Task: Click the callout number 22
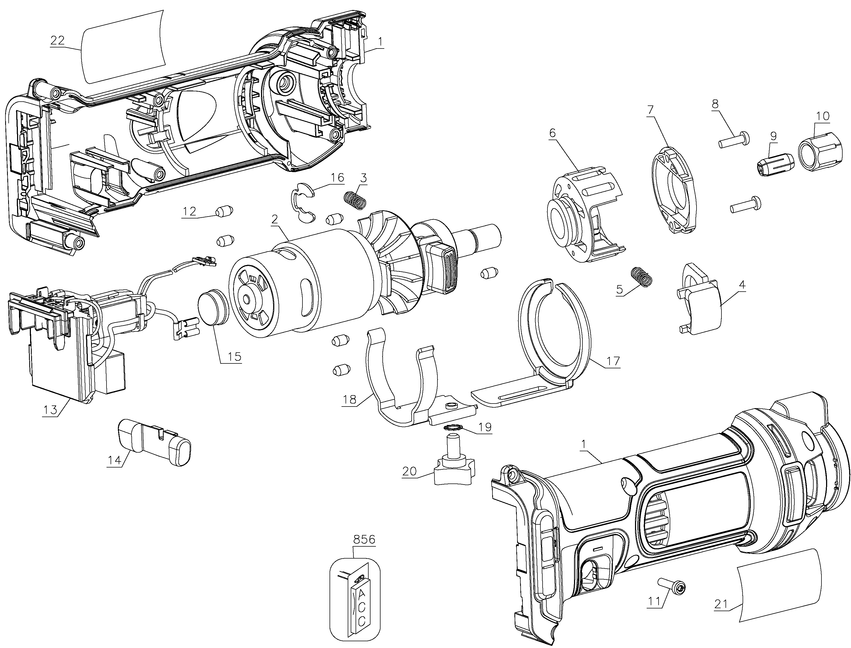pos(57,40)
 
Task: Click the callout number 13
pos(50,409)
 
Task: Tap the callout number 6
pos(552,133)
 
